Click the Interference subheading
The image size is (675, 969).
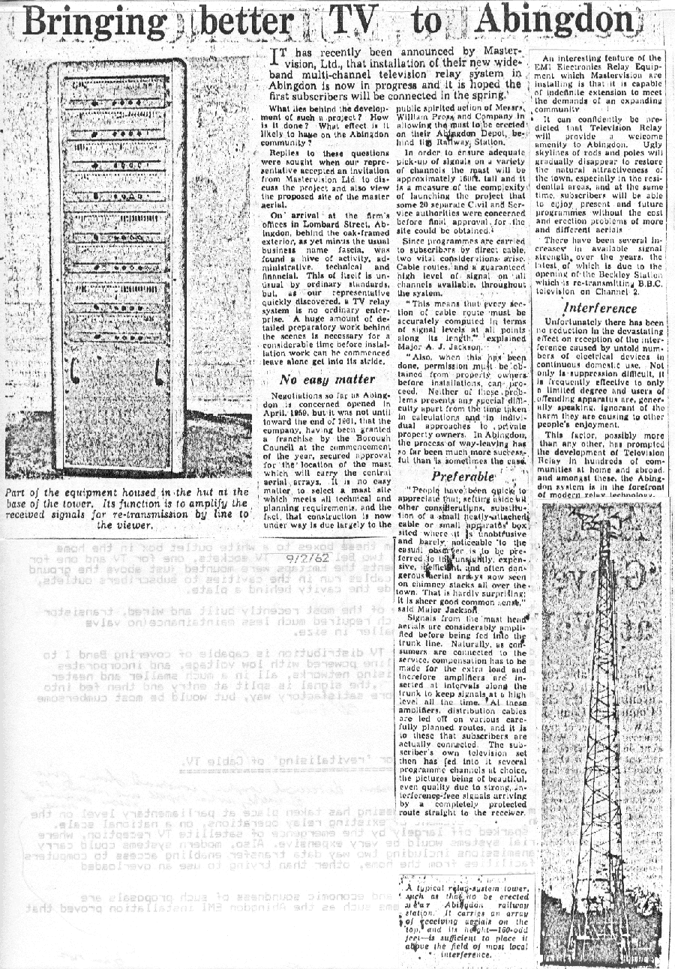(600, 308)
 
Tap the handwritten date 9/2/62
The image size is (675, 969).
(325, 558)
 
